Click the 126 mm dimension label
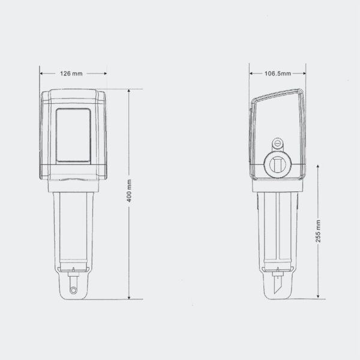tap(71, 73)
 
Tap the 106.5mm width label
tap(278, 73)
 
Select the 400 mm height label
tap(129, 191)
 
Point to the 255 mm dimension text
tap(318, 231)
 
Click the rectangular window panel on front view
tap(73, 135)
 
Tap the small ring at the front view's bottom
tap(73, 290)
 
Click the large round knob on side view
tap(278, 164)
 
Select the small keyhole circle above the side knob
tap(277, 144)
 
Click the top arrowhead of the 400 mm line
tap(129, 91)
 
